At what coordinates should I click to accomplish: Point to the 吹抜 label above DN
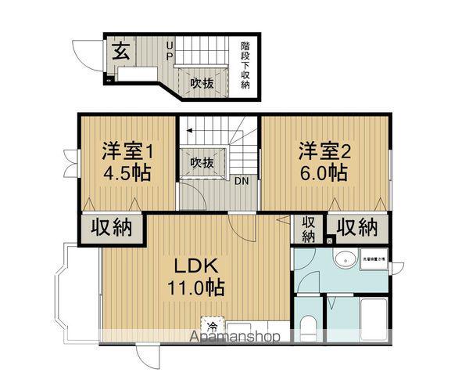pos(202,163)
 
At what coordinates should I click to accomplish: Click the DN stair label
pos(242,181)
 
